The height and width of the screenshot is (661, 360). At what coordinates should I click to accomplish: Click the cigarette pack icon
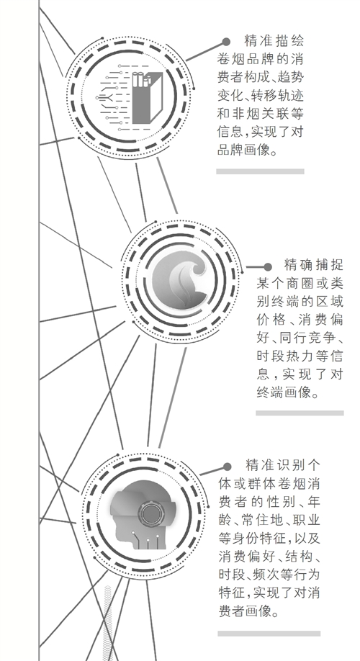[147, 98]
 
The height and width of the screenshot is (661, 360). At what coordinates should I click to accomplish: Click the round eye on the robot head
[149, 513]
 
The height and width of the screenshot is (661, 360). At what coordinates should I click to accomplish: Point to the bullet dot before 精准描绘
[226, 42]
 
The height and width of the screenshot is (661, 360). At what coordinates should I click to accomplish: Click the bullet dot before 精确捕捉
[268, 267]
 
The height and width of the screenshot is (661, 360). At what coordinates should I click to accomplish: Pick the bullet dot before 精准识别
[228, 467]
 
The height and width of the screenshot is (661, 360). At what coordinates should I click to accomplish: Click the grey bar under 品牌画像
[260, 171]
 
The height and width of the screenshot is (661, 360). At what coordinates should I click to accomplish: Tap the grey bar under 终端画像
[300, 413]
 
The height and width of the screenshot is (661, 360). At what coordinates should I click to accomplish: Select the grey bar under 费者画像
[269, 634]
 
